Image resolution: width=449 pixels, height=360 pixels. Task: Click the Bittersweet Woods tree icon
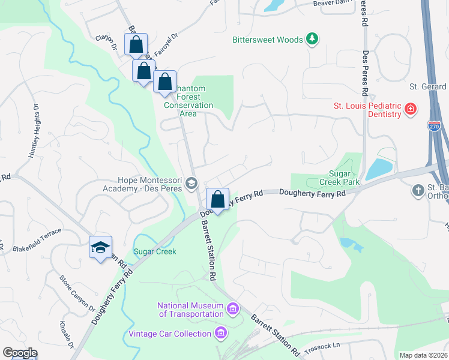(312, 40)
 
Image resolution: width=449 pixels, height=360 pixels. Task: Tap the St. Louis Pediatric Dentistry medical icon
(411, 109)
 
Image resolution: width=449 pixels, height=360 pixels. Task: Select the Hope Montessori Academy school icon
(191, 183)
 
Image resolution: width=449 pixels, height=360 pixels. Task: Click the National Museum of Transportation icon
(232, 310)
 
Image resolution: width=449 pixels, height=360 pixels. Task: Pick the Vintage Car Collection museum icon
(221, 332)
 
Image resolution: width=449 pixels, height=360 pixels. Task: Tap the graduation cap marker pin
(100, 247)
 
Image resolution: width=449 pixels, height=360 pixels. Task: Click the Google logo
(20, 353)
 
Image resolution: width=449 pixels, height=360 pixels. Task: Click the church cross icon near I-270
(418, 190)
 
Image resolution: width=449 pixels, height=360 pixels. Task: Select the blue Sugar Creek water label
(154, 251)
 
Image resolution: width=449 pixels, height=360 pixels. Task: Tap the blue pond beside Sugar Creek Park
(379, 169)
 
